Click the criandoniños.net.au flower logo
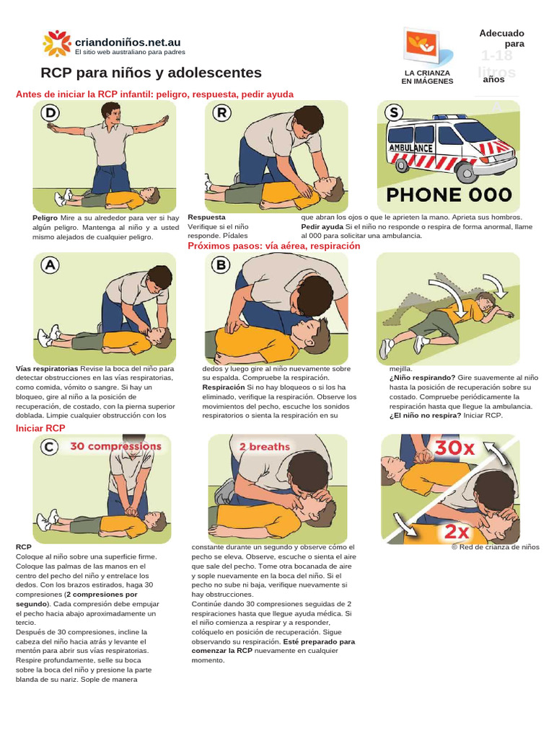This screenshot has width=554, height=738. pyautogui.click(x=57, y=43)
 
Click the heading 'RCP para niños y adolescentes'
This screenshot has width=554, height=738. pyautogui.click(x=151, y=73)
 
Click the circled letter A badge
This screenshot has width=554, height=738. pyautogui.click(x=50, y=266)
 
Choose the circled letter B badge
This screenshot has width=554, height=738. pyautogui.click(x=221, y=265)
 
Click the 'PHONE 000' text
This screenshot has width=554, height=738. pyautogui.click(x=449, y=195)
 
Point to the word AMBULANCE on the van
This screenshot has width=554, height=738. pyautogui.click(x=410, y=148)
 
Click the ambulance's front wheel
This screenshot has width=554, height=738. pyautogui.click(x=465, y=172)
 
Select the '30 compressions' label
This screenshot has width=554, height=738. pyautogui.click(x=115, y=446)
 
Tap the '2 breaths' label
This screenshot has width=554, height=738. pyautogui.click(x=264, y=447)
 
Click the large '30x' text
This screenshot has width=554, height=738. pyautogui.click(x=454, y=448)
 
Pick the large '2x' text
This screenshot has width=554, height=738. pyautogui.click(x=456, y=532)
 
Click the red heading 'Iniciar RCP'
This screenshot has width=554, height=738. pyautogui.click(x=40, y=428)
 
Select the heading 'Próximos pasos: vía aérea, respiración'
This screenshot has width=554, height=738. pyautogui.click(x=273, y=246)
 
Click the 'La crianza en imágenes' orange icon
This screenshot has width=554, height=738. pyautogui.click(x=425, y=46)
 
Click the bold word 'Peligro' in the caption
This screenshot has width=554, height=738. pyautogui.click(x=45, y=217)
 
